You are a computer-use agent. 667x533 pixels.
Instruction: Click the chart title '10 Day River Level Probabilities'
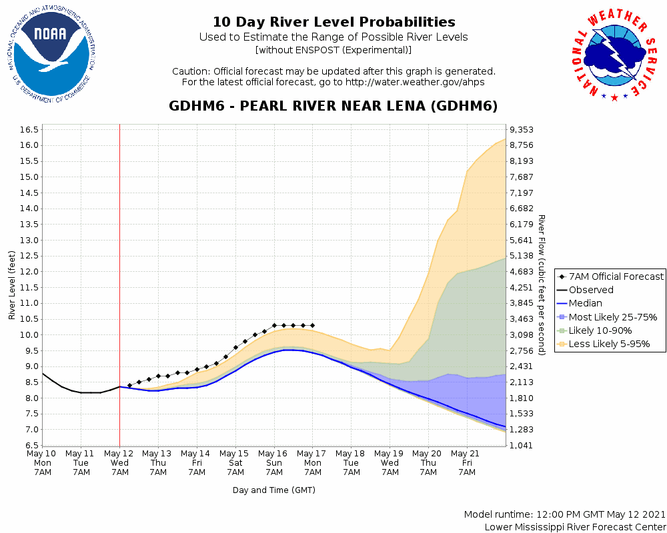[333, 22]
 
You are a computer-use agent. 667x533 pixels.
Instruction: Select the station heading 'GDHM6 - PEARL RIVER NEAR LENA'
[333, 106]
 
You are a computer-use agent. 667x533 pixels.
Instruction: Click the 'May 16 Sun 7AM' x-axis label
[273, 462]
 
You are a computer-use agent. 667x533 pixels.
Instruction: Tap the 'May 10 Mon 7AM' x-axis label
[43, 462]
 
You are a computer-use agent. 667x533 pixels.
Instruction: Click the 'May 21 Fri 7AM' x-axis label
[466, 462]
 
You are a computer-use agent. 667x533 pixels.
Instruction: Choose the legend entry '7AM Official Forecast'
[616, 276]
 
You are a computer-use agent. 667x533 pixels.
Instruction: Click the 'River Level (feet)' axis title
[12, 284]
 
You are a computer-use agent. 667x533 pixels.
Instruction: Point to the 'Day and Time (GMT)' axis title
[273, 490]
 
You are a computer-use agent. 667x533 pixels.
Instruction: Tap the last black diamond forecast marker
[312, 325]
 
